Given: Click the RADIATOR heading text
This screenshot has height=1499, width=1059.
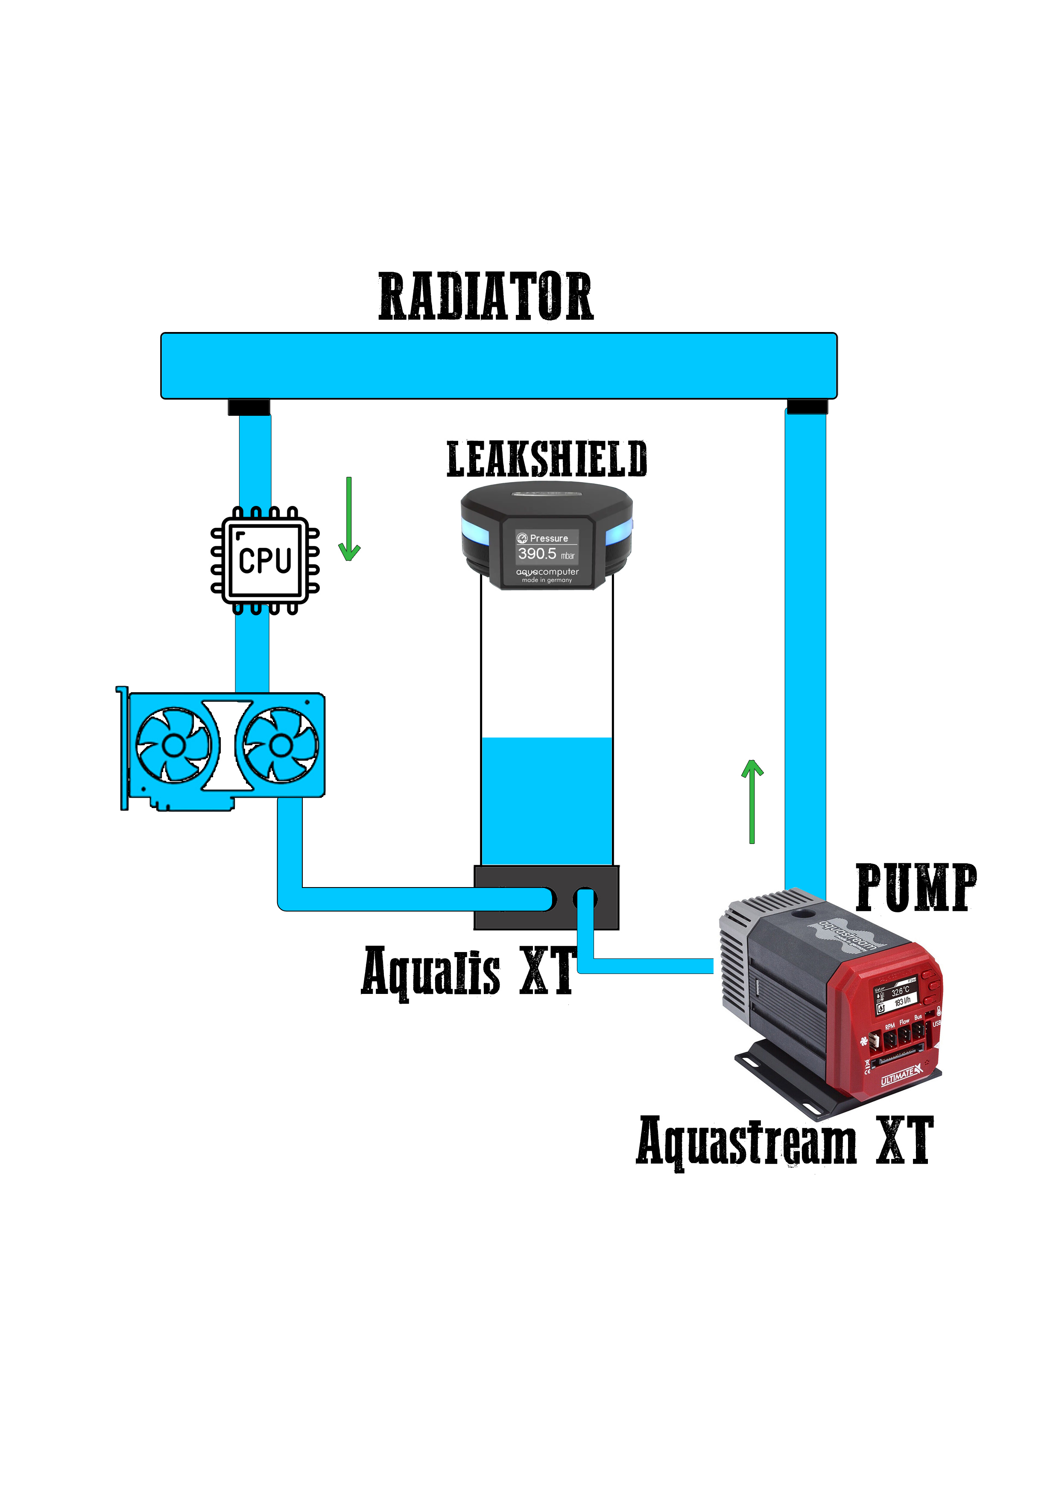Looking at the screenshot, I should click(486, 297).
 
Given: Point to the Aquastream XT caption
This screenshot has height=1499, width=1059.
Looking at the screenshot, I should click(784, 1140).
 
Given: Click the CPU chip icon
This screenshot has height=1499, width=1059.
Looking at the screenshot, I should click(265, 560).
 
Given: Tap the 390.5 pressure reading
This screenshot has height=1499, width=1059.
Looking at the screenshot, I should click(537, 554).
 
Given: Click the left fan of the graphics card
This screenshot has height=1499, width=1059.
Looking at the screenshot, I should click(173, 745).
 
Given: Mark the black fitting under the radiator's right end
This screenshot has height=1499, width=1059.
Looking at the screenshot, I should click(807, 407).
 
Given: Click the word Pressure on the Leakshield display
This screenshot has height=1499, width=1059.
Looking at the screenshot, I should click(549, 538).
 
